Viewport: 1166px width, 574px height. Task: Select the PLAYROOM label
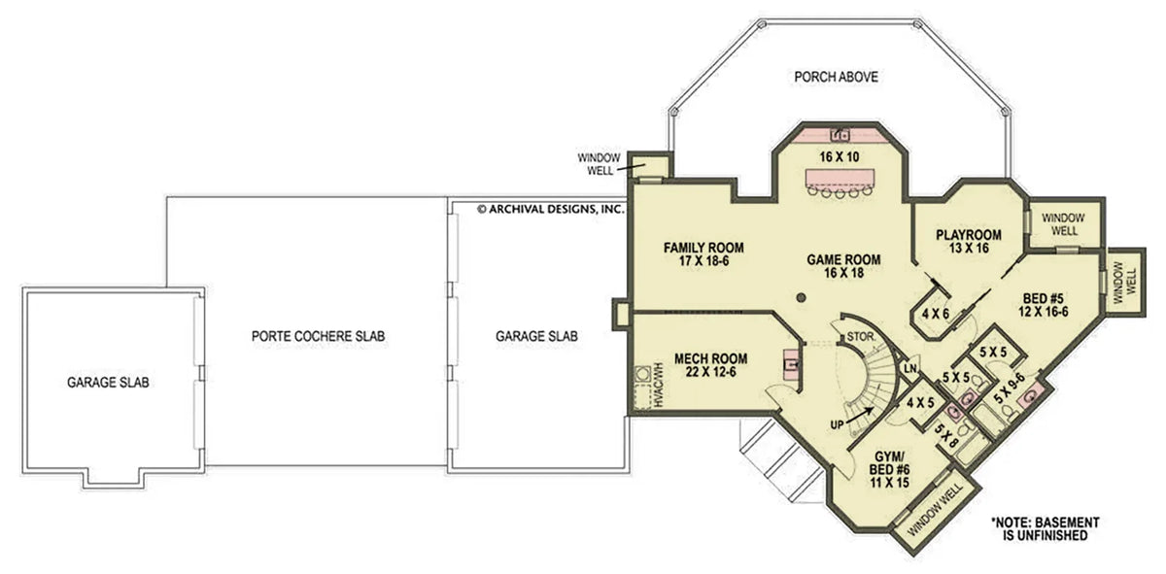tap(968, 241)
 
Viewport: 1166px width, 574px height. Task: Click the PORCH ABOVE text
tap(836, 77)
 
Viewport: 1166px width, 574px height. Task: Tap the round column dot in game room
tap(802, 297)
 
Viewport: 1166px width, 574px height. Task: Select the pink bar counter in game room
tap(842, 179)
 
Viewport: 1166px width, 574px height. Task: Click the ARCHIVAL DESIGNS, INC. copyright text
tap(549, 208)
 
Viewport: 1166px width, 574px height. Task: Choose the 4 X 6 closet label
tap(936, 314)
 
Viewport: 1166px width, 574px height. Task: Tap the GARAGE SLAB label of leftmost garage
tap(107, 383)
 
